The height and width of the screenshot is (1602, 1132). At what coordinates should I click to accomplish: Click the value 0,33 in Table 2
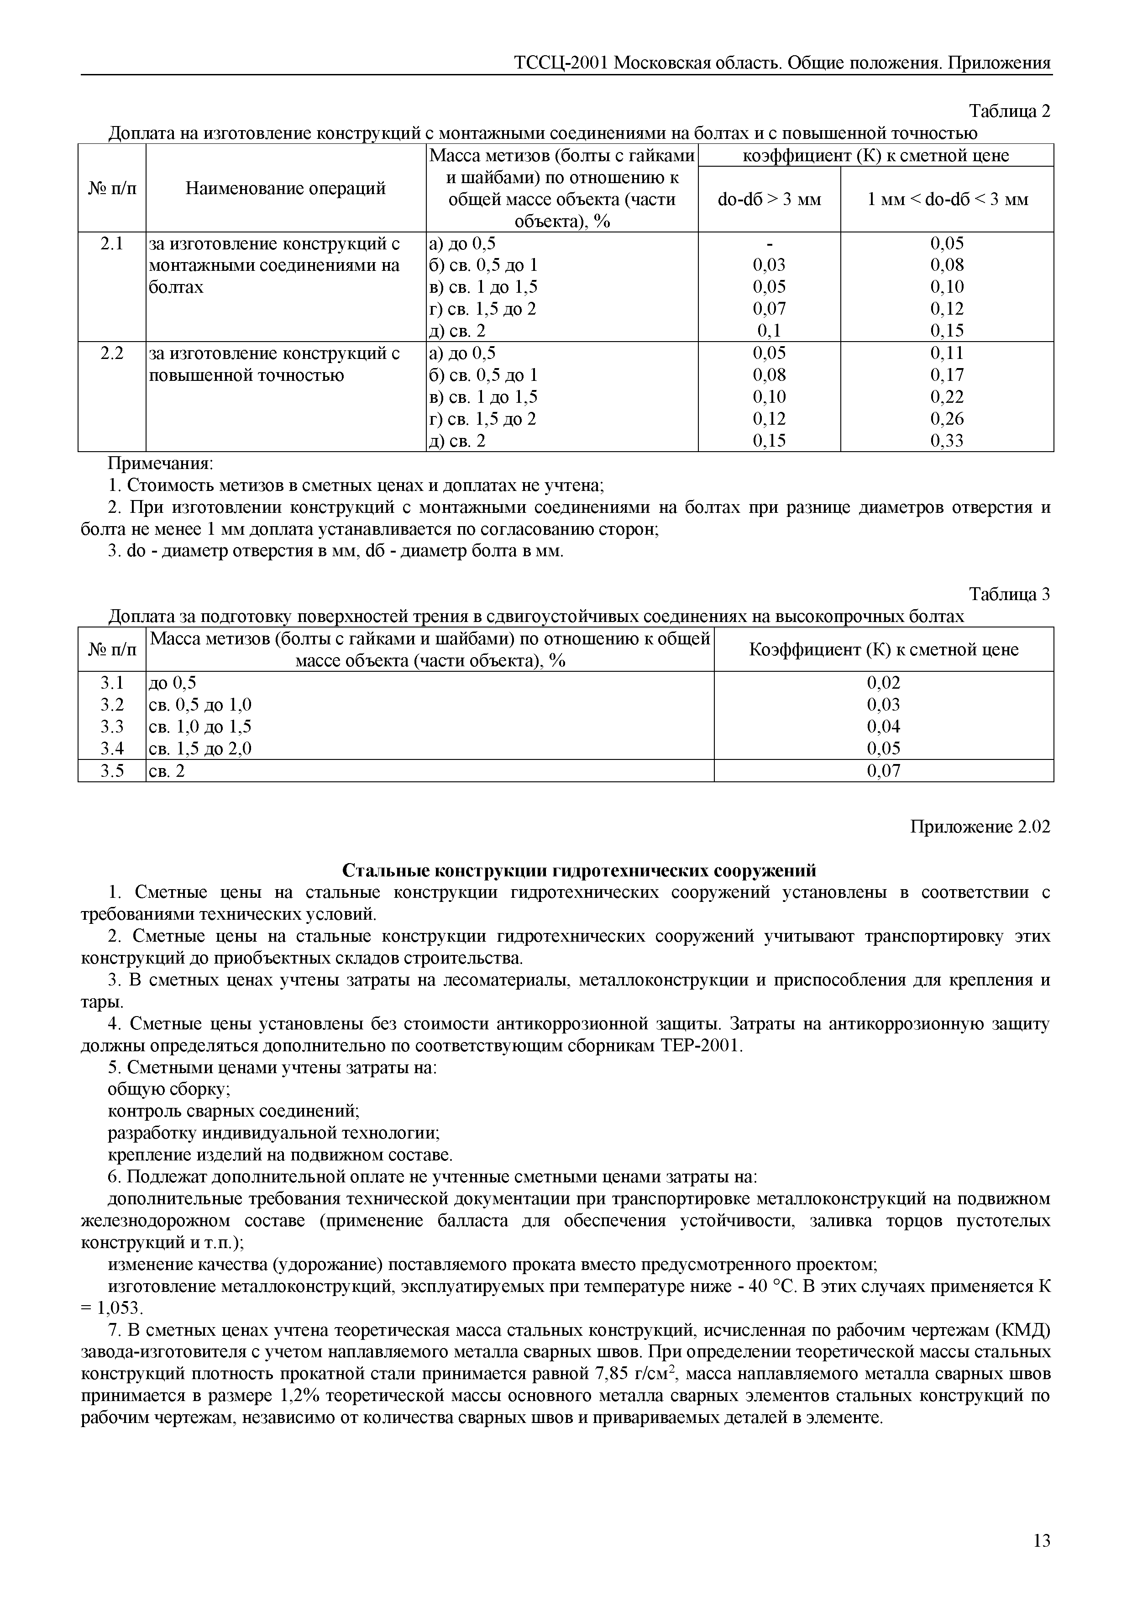(x=947, y=440)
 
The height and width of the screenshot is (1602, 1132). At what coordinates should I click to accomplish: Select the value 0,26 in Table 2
(x=947, y=419)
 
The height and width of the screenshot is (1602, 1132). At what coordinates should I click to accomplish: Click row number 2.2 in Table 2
(x=111, y=353)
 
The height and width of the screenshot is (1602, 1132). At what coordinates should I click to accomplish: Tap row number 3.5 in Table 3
(x=111, y=770)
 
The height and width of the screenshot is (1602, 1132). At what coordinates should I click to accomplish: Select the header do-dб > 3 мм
(x=769, y=200)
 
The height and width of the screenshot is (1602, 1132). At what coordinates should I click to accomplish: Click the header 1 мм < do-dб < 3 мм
(x=947, y=200)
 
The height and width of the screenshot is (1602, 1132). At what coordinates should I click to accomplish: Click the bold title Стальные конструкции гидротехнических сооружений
(x=579, y=871)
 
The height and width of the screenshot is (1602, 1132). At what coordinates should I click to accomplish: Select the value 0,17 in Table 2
(x=947, y=374)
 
